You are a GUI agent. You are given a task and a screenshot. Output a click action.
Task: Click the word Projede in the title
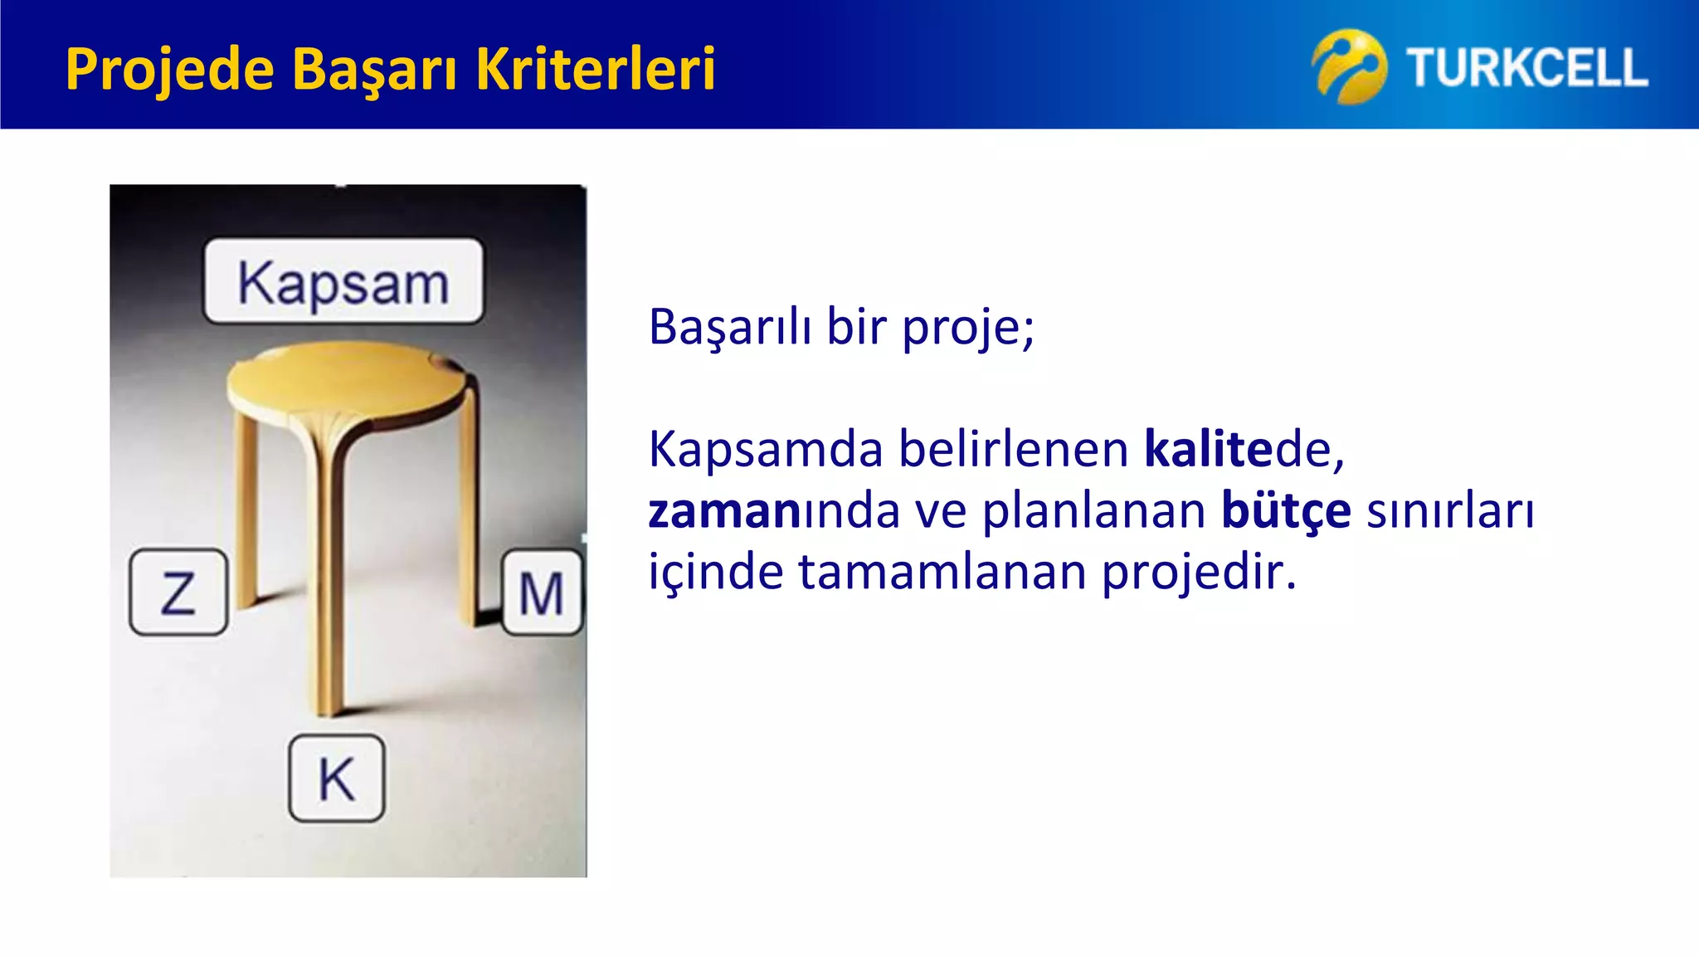pyautogui.click(x=169, y=70)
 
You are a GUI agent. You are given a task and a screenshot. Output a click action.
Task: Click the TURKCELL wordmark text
pyautogui.click(x=1526, y=68)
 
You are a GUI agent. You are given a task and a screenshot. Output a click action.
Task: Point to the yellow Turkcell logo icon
pyautogui.click(x=1348, y=66)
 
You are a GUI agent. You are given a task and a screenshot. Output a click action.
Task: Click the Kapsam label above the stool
pyautogui.click(x=343, y=282)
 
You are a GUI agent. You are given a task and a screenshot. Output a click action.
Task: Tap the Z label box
pyautogui.click(x=178, y=593)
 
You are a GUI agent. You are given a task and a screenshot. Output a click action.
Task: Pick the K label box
pyautogui.click(x=337, y=778)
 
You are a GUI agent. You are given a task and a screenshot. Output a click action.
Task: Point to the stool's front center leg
pyautogui.click(x=328, y=581)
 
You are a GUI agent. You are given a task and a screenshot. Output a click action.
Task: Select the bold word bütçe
pyautogui.click(x=1285, y=511)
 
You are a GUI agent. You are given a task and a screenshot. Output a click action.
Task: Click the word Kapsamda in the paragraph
pyautogui.click(x=765, y=450)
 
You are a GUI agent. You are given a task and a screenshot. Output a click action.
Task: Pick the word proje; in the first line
pyautogui.click(x=967, y=327)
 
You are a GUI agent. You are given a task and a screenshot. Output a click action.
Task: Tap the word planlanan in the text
pyautogui.click(x=1093, y=511)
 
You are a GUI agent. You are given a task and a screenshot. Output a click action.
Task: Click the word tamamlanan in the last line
pyautogui.click(x=942, y=573)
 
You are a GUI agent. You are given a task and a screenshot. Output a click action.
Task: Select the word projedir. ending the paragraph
pyautogui.click(x=1198, y=573)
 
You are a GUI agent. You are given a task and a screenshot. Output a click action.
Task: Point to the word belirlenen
pyautogui.click(x=1013, y=450)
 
